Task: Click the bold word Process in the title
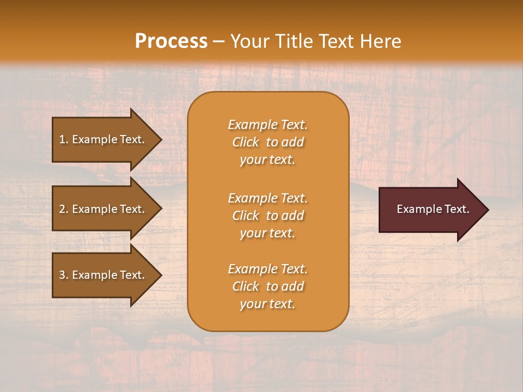[171, 41]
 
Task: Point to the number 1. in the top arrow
[64, 139]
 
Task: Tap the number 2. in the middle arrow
[64, 209]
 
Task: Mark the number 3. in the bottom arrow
[64, 275]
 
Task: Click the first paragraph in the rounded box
[267, 142]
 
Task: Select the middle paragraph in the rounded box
[267, 216]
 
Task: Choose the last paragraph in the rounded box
[267, 286]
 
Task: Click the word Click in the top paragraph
[246, 142]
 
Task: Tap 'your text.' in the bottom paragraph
[267, 304]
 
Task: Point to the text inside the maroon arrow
[433, 209]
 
